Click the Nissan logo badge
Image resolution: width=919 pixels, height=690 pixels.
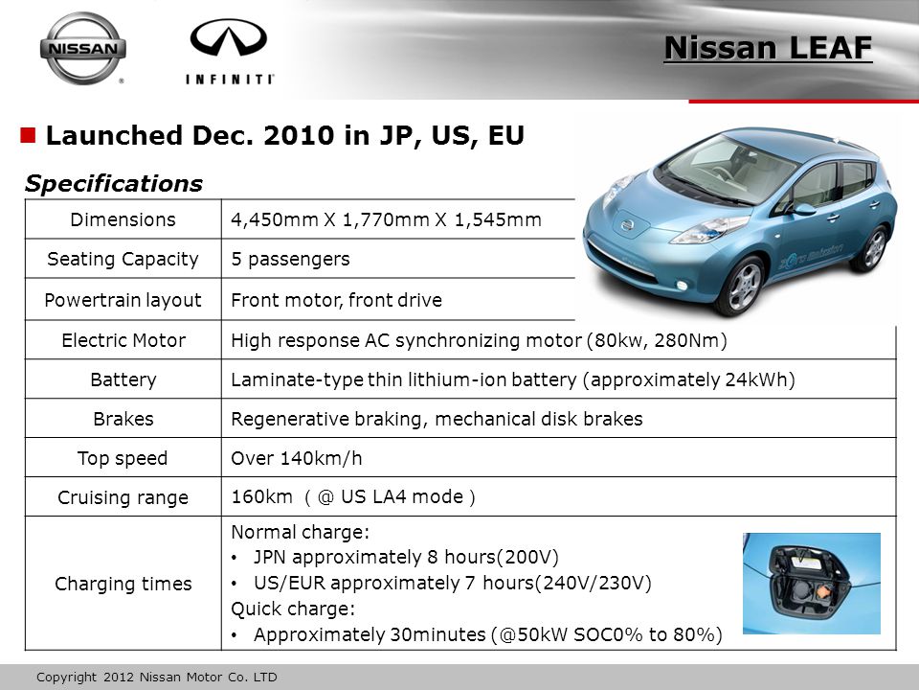pyautogui.click(x=82, y=48)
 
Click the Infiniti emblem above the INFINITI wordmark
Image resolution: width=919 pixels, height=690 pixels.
pyautogui.click(x=229, y=37)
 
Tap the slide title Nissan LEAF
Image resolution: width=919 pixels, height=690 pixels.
pyautogui.click(x=768, y=48)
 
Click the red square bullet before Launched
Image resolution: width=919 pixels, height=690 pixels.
pyautogui.click(x=28, y=135)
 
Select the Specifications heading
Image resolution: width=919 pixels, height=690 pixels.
pyautogui.click(x=113, y=183)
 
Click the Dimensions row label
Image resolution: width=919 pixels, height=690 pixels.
pyautogui.click(x=123, y=219)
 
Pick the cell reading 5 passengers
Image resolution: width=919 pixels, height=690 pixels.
pyautogui.click(x=290, y=259)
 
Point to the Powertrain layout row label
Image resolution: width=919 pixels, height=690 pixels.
pyautogui.click(x=123, y=300)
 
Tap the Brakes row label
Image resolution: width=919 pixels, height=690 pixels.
pyautogui.click(x=123, y=419)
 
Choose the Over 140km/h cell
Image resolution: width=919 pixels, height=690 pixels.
pyautogui.click(x=297, y=458)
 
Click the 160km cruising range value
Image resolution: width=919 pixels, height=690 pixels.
pyautogui.click(x=261, y=497)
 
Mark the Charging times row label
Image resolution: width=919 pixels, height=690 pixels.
pyautogui.click(x=123, y=584)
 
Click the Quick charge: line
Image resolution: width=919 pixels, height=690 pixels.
pyautogui.click(x=293, y=609)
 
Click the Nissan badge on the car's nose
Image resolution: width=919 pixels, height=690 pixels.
pyautogui.click(x=627, y=224)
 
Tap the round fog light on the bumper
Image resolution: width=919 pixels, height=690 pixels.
pyautogui.click(x=682, y=286)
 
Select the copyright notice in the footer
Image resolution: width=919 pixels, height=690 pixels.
pyautogui.click(x=156, y=678)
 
